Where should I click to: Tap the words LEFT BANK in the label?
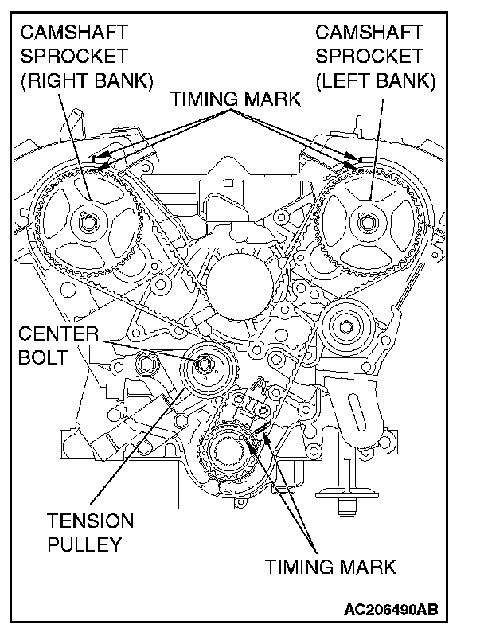(375, 80)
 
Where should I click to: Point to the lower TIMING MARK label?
(330, 568)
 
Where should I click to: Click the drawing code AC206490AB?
(391, 611)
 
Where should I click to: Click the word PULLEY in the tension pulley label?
(84, 545)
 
